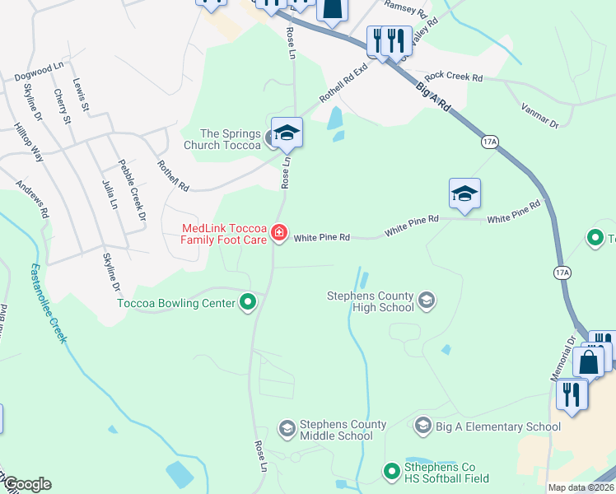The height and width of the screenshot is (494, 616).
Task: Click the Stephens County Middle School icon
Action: [x=287, y=428]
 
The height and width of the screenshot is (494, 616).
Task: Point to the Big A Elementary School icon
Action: [x=422, y=426]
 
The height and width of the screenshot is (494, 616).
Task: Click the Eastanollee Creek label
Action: [x=47, y=304]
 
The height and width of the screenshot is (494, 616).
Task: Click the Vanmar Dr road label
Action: [x=540, y=114]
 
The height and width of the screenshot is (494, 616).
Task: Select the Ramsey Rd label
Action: [x=405, y=11]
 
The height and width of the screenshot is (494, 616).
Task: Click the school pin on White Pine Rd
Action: [x=464, y=195]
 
